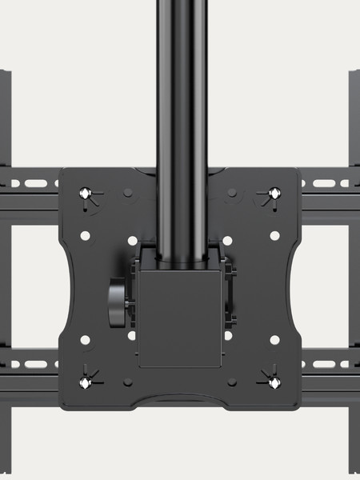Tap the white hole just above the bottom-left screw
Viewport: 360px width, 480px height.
pyautogui.click(x=86, y=340)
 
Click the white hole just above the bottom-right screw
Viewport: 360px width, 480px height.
pyautogui.click(x=274, y=340)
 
